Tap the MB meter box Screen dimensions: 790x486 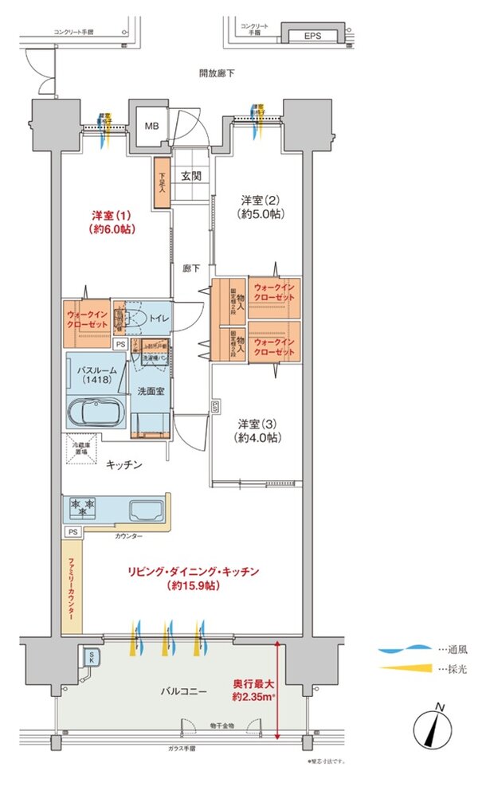[x=151, y=126]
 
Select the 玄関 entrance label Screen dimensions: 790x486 [x=191, y=176]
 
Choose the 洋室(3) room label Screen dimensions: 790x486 [x=255, y=431]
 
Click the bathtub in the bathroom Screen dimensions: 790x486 [x=94, y=415]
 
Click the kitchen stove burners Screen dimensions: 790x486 [x=84, y=506]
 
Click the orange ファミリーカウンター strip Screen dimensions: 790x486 [x=72, y=587]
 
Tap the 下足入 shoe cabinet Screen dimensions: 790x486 [x=163, y=184]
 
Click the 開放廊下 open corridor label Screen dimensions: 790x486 [x=216, y=74]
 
